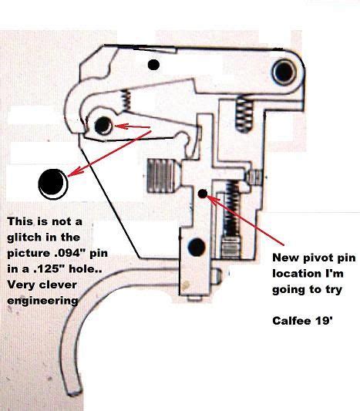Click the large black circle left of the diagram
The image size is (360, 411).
(x=52, y=182)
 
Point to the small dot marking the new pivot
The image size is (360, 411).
(x=202, y=194)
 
